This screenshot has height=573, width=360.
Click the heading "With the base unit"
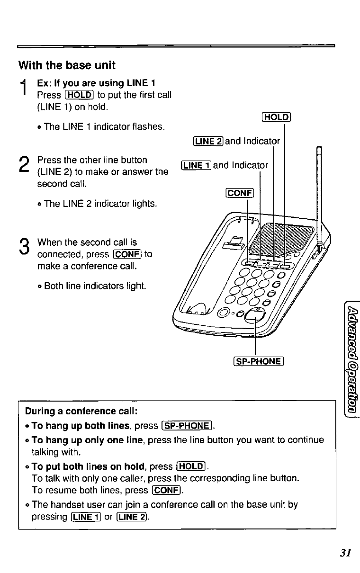tap(66, 65)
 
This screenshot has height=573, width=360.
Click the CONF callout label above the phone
tap(241, 193)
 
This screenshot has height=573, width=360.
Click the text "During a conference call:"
tap(81, 410)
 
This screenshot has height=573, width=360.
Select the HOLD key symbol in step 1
tap(79, 95)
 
